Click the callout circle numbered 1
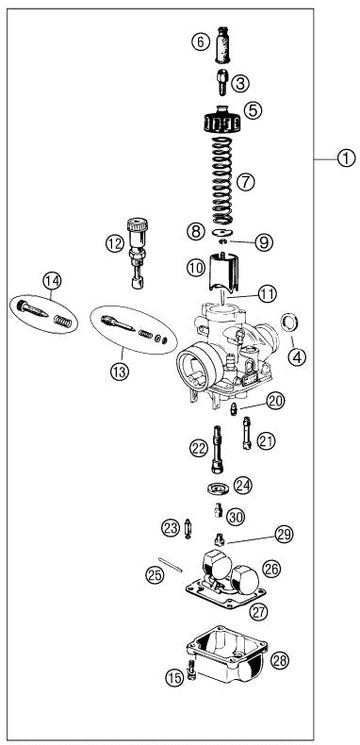tap(346, 158)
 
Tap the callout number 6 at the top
tap(200, 42)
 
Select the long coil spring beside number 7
tap(222, 181)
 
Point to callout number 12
tap(114, 244)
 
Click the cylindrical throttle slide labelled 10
tap(223, 273)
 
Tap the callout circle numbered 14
tap(52, 281)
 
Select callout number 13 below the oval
tap(119, 372)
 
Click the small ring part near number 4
tap(289, 323)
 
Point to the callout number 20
tap(275, 401)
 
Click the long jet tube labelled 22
tap(217, 449)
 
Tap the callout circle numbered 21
tap(266, 441)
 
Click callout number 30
tap(236, 516)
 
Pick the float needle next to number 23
tap(188, 528)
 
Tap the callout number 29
tap(284, 534)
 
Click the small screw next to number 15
tap(191, 670)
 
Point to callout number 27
tap(259, 611)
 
